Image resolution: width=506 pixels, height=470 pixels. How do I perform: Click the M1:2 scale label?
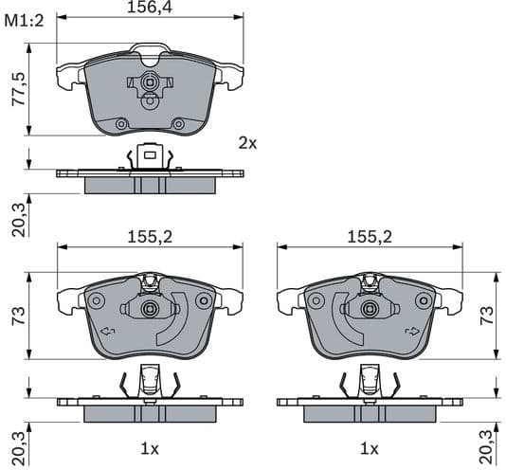(x=26, y=21)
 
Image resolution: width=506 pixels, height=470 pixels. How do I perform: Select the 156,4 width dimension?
(x=149, y=9)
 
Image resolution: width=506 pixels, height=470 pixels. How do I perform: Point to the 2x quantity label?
(x=247, y=143)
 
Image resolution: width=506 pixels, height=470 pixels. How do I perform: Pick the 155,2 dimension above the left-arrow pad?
(x=150, y=238)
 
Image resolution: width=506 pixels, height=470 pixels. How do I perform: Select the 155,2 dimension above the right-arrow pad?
(x=369, y=238)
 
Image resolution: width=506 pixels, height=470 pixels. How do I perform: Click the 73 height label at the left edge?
(x=16, y=316)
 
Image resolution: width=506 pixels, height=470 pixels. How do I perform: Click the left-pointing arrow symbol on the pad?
(x=106, y=331)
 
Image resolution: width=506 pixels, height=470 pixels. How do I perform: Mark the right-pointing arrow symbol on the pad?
(x=412, y=331)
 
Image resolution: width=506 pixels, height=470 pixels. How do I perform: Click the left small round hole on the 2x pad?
(x=120, y=124)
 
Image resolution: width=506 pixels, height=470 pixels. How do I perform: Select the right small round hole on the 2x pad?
(x=177, y=124)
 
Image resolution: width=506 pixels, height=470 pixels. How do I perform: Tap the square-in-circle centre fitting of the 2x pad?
(x=149, y=82)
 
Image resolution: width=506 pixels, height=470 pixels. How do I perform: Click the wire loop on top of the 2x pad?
(x=149, y=47)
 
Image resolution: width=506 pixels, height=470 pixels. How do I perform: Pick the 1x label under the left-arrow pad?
(x=150, y=447)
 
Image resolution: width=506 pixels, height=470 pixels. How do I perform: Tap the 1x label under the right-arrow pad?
(x=369, y=447)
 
